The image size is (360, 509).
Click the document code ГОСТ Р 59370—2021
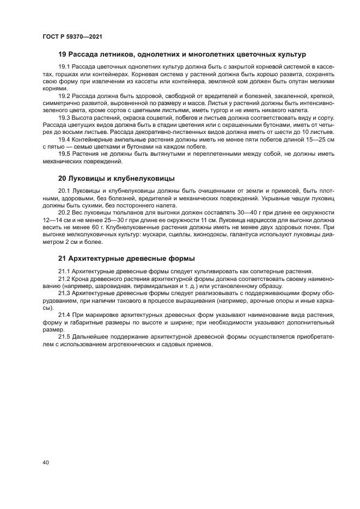[x=72, y=36]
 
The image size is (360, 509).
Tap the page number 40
[x=46, y=462]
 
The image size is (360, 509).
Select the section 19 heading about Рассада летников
[x=182, y=54]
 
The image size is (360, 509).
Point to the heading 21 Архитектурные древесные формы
[x=126, y=258]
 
